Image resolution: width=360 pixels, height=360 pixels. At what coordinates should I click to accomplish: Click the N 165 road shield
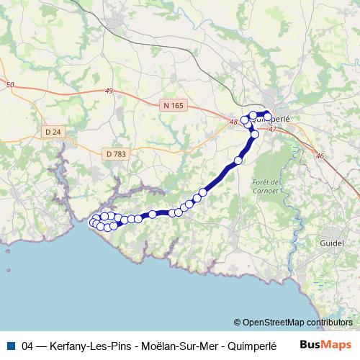pyautogui.click(x=174, y=105)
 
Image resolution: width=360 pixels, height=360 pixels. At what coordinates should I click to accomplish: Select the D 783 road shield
pyautogui.click(x=114, y=153)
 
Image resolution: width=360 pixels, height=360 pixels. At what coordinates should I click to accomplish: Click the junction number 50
pyautogui.click(x=9, y=86)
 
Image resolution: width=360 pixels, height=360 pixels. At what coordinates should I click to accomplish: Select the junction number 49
pyautogui.click(x=109, y=91)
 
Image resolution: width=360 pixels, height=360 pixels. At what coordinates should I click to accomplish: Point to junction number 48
pyautogui.click(x=233, y=122)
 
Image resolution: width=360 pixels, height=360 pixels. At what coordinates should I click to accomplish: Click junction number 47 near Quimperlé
pyautogui.click(x=272, y=130)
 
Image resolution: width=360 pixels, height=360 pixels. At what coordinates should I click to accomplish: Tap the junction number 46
pyautogui.click(x=320, y=156)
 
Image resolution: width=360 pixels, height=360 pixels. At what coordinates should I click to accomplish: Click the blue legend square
pyautogui.click(x=10, y=346)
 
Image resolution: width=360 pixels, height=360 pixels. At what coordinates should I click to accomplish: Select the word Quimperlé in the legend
pyautogui.click(x=252, y=346)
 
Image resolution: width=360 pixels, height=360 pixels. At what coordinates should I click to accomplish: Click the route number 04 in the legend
pyautogui.click(x=28, y=346)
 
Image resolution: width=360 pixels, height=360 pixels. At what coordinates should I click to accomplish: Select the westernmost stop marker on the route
pyautogui.click(x=91, y=223)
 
